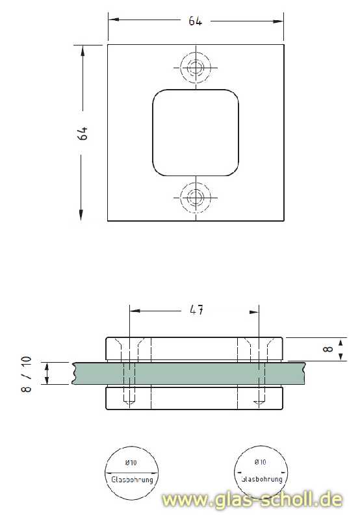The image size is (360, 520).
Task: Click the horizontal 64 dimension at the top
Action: point(196,21)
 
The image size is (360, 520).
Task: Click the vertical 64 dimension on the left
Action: point(82,134)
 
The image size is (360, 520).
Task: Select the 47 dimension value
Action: point(194,311)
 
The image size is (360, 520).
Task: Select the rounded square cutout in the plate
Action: point(196,133)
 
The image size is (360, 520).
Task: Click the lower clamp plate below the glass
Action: point(195,398)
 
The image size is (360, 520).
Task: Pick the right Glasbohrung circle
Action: point(261,473)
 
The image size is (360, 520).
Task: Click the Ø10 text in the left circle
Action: point(131,463)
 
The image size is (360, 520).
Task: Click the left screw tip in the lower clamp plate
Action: point(131,403)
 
